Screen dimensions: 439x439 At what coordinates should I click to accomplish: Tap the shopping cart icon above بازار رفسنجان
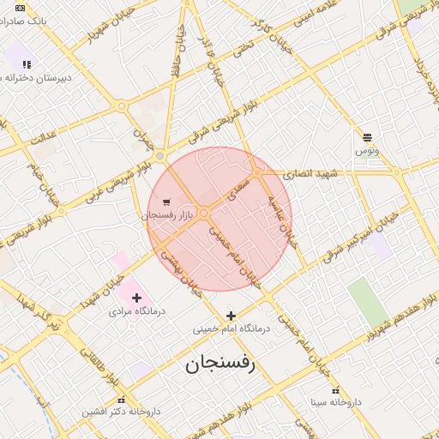(x=165, y=202)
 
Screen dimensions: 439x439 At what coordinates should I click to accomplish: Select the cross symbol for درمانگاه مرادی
(x=135, y=298)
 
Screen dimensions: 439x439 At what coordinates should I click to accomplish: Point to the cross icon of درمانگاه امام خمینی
(x=231, y=316)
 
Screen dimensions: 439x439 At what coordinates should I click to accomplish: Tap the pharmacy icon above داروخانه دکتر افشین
(x=121, y=400)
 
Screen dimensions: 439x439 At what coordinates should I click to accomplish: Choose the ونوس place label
(x=367, y=150)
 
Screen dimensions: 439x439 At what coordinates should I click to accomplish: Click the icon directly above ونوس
(x=367, y=137)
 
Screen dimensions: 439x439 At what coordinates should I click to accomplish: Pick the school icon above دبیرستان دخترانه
(x=27, y=64)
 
